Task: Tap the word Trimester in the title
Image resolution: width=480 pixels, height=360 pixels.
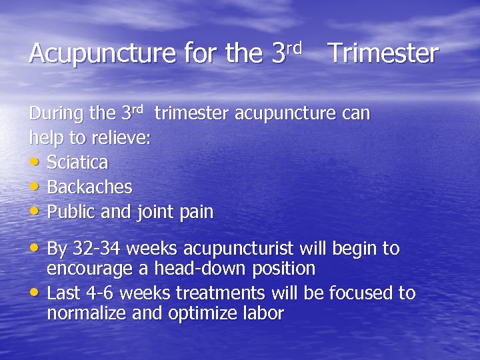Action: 383,53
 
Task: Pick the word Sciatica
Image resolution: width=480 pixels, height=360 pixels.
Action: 77,163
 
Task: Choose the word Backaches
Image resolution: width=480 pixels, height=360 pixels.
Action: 89,187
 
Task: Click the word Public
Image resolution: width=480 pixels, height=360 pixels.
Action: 71,212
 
